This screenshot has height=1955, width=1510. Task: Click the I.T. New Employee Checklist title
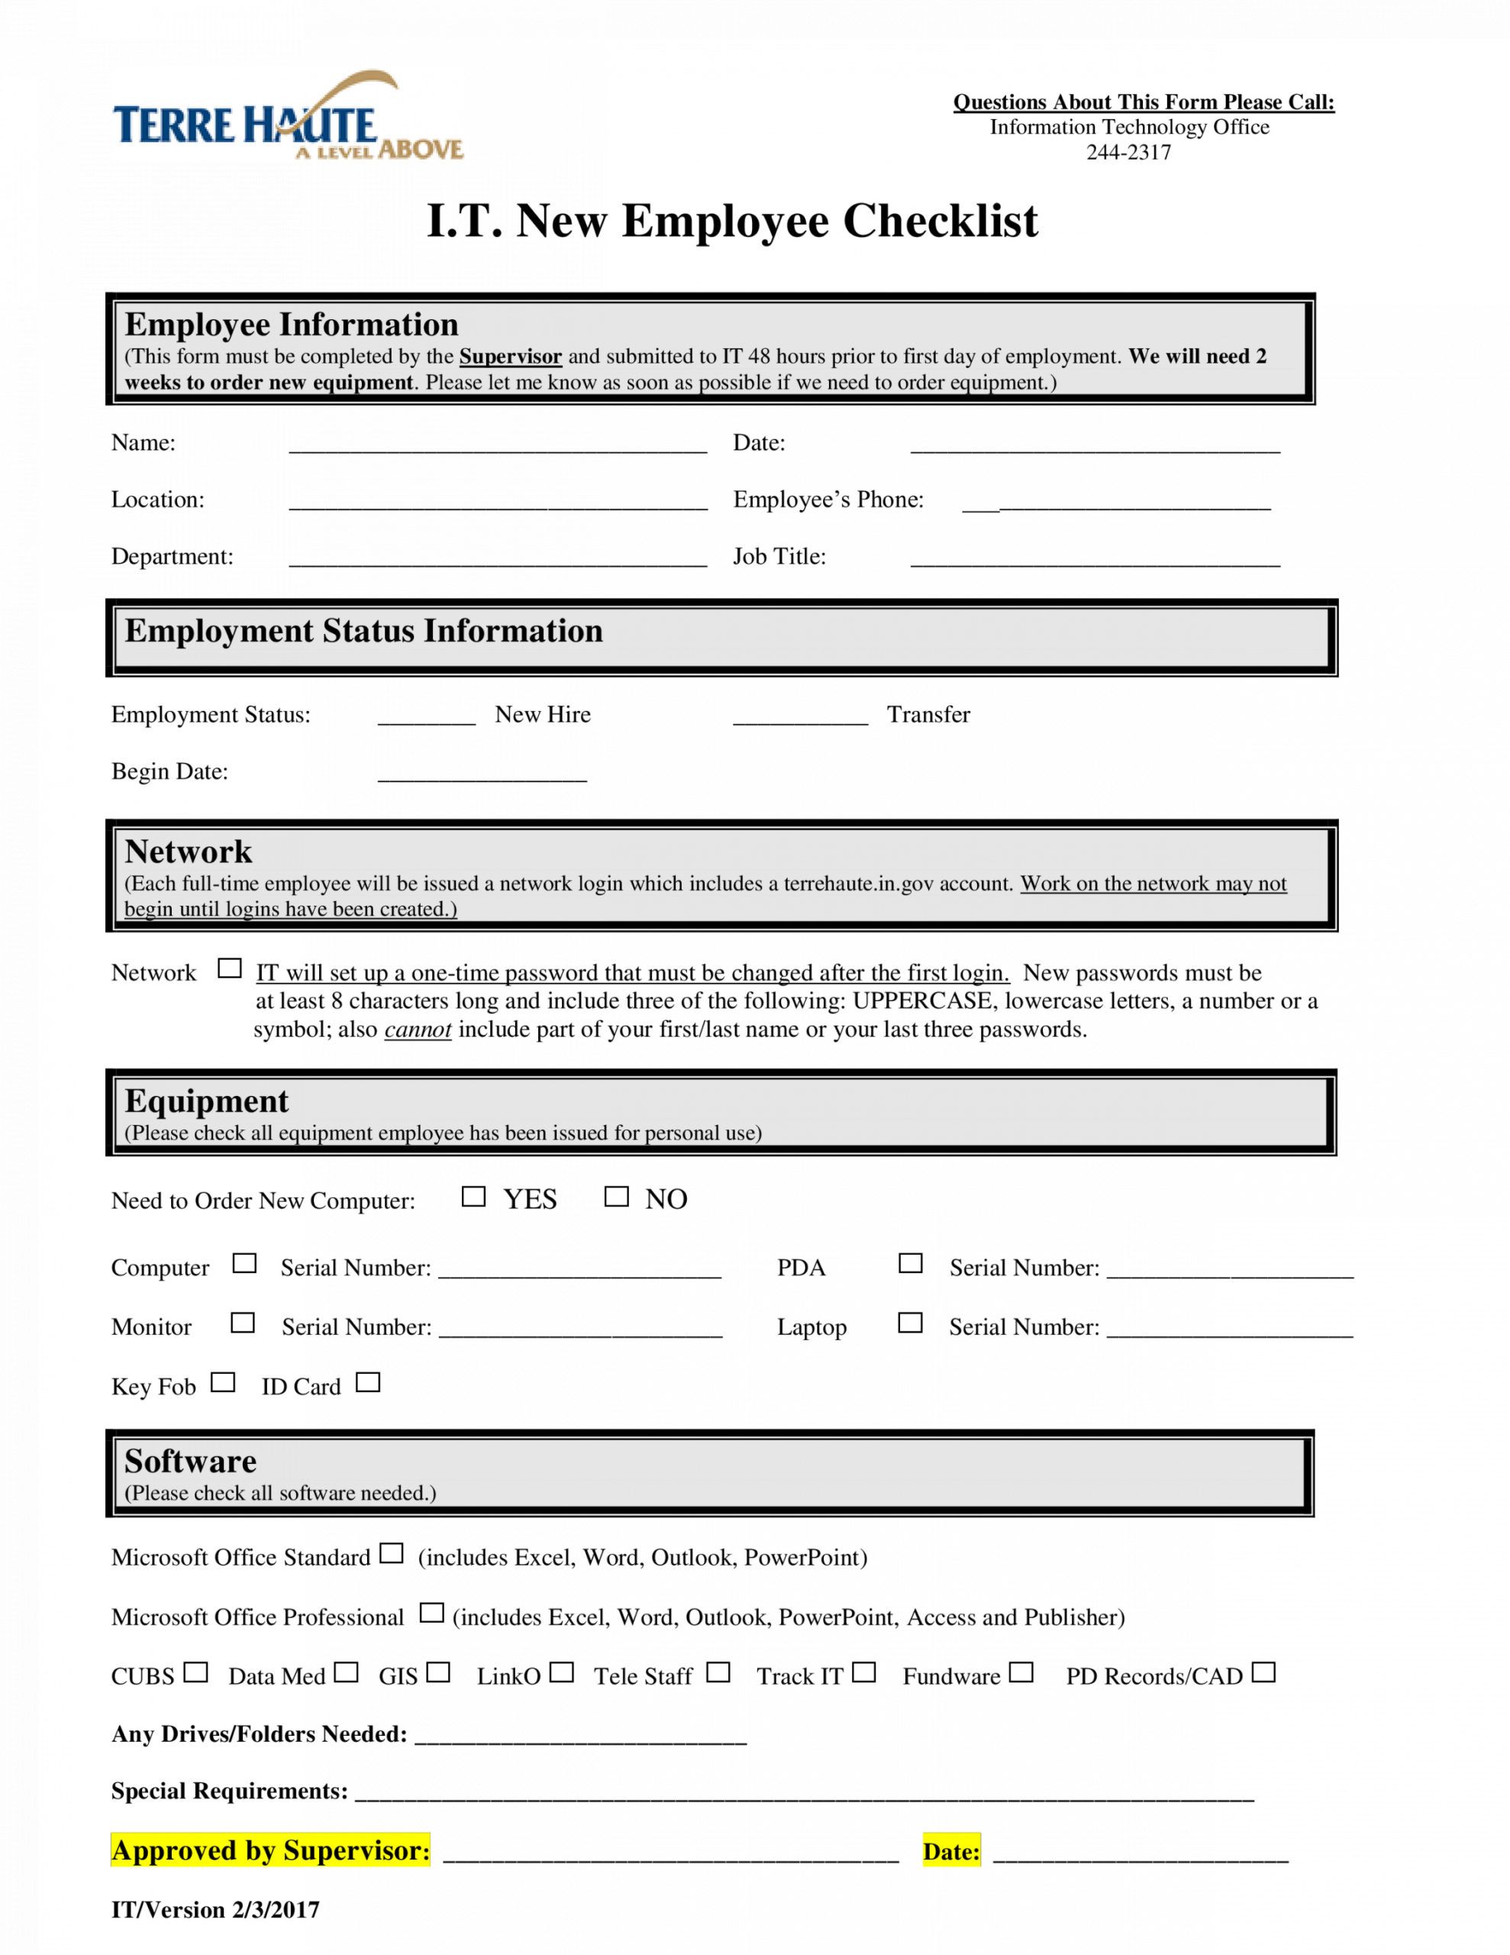coord(732,221)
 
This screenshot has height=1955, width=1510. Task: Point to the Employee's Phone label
coord(828,499)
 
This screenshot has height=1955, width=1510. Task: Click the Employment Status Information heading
coord(363,631)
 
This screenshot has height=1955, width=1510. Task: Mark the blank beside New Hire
coord(426,717)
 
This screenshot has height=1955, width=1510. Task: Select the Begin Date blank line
coord(482,774)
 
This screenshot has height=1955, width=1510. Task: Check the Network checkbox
coord(230,968)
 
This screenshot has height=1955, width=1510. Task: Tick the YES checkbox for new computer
coord(473,1197)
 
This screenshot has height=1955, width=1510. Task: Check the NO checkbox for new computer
coord(617,1197)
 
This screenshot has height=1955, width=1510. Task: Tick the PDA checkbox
coord(910,1263)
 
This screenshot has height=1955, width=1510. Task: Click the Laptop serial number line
coord(1229,1330)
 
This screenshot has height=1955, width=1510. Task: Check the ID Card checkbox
coord(368,1383)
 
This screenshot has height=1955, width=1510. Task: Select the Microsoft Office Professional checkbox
coord(432,1613)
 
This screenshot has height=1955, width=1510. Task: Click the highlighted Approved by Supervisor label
coord(270,1850)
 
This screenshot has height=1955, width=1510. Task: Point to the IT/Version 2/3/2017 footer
coord(215,1909)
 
